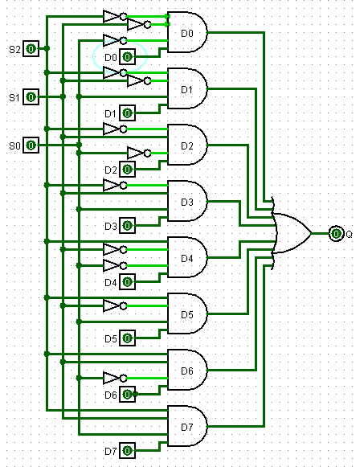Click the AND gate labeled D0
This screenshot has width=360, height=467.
187,33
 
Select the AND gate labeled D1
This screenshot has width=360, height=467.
187,89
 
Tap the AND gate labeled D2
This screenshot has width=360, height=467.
187,145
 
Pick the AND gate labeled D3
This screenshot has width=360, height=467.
187,202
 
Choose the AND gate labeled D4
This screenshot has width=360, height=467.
187,258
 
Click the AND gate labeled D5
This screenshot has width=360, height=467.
187,314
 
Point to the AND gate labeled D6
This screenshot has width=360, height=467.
187,371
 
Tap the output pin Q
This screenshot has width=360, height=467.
337,234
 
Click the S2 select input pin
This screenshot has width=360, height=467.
31,49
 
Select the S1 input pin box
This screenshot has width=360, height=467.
31,97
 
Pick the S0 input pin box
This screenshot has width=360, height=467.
31,145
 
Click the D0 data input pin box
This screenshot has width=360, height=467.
128,57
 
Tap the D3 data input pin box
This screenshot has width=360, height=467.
128,226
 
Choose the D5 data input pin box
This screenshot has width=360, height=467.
128,338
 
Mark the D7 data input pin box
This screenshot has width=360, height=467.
128,450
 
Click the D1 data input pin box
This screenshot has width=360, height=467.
128,113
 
